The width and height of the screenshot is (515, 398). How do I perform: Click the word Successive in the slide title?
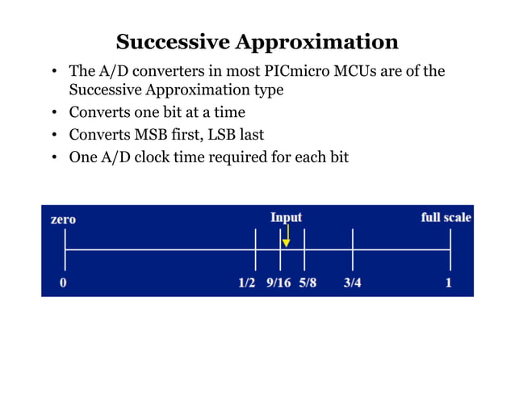(166, 42)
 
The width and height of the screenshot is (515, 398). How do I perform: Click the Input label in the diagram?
(286, 217)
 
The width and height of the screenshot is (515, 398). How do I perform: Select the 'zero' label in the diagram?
(63, 219)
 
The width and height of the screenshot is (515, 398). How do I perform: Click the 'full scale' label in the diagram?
(446, 217)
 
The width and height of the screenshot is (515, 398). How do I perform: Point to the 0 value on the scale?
(63, 283)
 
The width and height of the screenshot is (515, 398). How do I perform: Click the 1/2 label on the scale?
(247, 283)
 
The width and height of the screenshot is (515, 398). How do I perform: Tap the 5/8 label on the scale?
(307, 283)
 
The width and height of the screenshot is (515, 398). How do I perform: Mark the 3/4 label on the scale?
(352, 283)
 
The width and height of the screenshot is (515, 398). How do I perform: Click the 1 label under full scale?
(449, 283)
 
